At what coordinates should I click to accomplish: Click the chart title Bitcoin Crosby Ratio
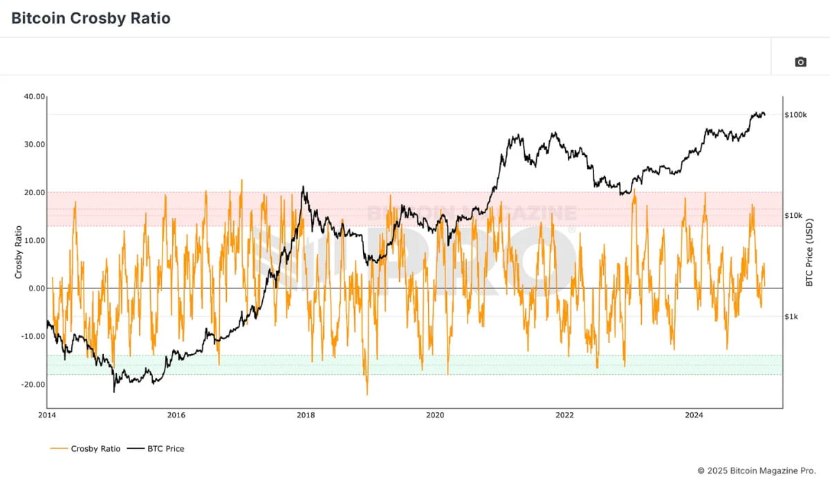(91, 19)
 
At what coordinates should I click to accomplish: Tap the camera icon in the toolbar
(800, 62)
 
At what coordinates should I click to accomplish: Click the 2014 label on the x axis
(47, 415)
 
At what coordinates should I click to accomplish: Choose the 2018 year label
(306, 415)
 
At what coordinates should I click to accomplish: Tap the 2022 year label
(564, 415)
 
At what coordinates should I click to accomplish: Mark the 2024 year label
(694, 415)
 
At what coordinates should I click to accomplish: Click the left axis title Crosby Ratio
(19, 252)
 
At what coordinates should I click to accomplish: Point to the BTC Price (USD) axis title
(810, 250)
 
